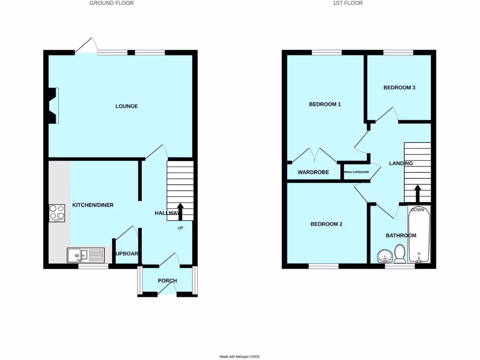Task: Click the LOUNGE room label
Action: point(127,106)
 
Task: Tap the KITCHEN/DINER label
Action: point(93,205)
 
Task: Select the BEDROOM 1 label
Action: point(325,104)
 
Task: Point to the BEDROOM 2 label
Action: point(326,224)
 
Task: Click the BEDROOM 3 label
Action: point(399,88)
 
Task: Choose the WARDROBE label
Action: point(313,172)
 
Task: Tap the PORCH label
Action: point(167,281)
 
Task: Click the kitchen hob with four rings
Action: point(57,213)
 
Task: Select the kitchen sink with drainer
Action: point(85,255)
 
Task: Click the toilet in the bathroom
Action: point(400,253)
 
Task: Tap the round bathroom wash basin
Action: point(385,256)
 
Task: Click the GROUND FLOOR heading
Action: point(112,3)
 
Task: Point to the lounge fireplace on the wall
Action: point(52,106)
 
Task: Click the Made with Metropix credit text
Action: point(240,357)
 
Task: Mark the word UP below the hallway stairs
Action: point(180,228)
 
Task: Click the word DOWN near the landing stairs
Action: point(417,210)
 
